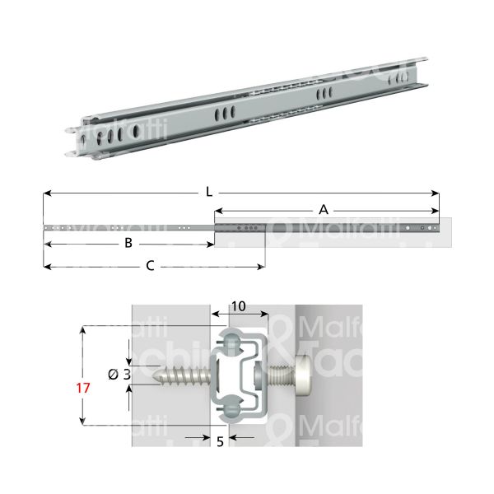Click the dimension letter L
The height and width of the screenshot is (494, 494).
[x=211, y=193]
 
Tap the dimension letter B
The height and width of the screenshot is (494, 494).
[x=128, y=243]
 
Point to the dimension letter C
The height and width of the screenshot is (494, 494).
[x=149, y=265]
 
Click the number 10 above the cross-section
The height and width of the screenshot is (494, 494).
[x=239, y=305]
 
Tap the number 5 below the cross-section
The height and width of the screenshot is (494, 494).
[x=220, y=441]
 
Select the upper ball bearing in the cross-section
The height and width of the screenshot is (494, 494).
[x=234, y=343]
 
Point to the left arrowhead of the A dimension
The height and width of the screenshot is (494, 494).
[x=218, y=212]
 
